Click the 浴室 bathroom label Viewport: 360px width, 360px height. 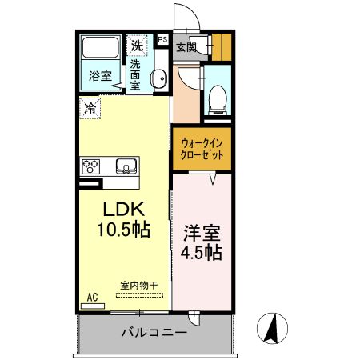click(x=100, y=78)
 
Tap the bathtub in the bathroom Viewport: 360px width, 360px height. click(x=100, y=50)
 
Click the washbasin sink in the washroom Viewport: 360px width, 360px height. click(x=158, y=78)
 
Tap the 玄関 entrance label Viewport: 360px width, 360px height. click(x=186, y=47)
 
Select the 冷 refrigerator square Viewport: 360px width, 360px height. click(x=90, y=107)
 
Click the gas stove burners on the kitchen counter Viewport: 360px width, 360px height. click(x=90, y=166)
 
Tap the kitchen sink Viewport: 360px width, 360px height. click(x=126, y=166)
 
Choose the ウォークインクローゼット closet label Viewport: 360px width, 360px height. click(x=202, y=148)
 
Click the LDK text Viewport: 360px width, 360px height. click(x=122, y=210)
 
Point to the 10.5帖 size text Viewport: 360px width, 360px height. click(x=123, y=230)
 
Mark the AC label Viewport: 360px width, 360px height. click(x=92, y=298)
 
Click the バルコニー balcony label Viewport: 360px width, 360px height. click(x=154, y=332)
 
